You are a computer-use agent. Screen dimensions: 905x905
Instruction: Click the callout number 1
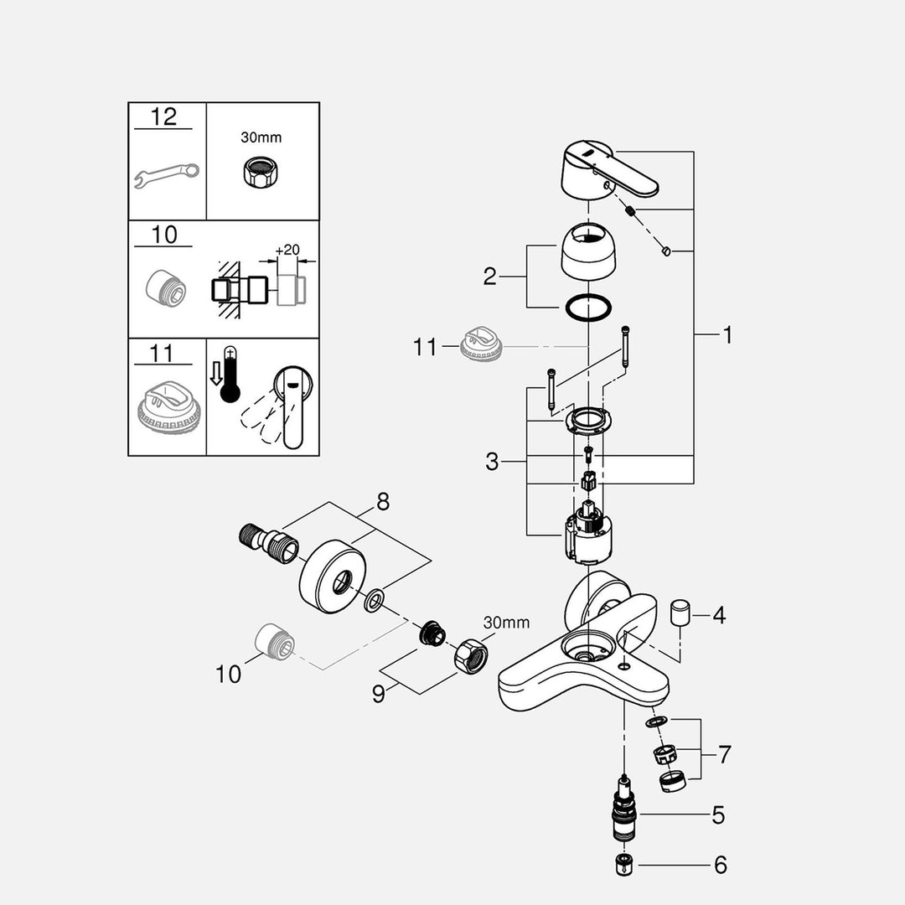coord(727,335)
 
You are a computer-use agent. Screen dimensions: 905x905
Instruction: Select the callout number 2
coord(490,277)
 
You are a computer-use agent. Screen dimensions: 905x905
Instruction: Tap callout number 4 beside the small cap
coord(718,616)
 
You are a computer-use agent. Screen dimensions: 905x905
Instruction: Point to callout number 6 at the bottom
coord(719,865)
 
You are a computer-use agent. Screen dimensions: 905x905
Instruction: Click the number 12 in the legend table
coord(163,116)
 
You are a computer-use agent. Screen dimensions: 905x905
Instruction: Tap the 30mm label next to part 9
coord(506,623)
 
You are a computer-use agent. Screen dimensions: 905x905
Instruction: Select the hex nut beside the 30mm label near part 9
coord(470,657)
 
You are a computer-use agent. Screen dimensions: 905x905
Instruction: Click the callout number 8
coord(383,502)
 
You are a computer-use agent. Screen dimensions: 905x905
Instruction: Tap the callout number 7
coord(724,754)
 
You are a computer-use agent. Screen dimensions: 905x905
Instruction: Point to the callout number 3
coord(493,461)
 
